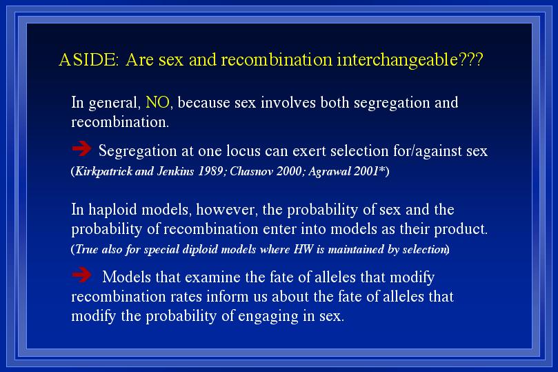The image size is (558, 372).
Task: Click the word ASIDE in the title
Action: (88, 59)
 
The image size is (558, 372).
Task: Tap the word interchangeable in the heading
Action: (397, 60)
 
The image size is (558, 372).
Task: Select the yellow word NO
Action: (157, 103)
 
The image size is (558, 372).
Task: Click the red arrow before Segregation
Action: (81, 148)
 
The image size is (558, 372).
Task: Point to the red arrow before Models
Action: (81, 275)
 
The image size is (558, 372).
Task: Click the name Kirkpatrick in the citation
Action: (104, 172)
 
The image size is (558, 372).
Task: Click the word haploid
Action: (112, 210)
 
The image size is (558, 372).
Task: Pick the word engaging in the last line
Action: (268, 317)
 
